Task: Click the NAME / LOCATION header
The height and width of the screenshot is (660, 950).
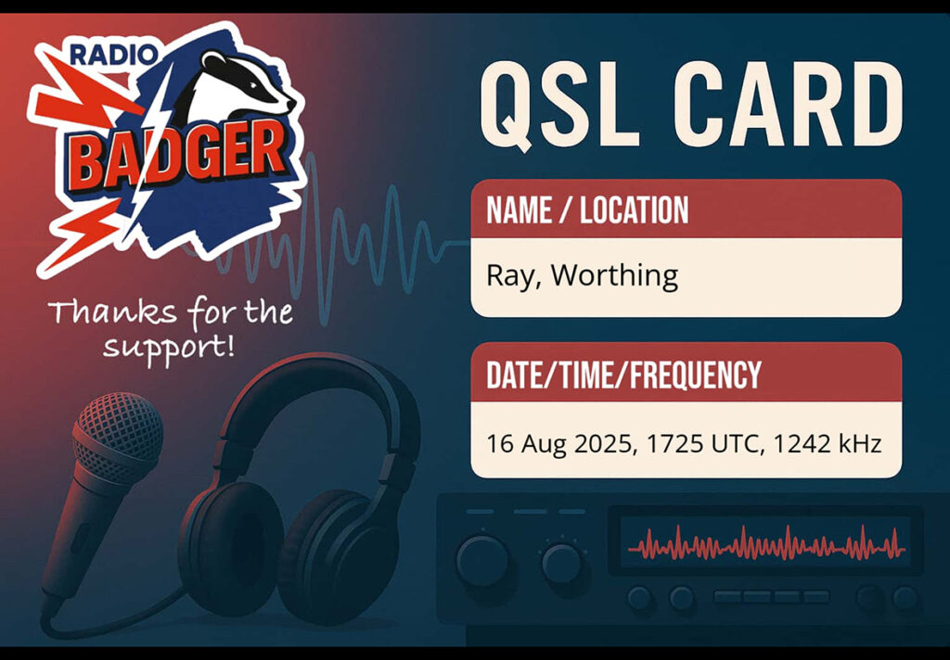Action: click(587, 210)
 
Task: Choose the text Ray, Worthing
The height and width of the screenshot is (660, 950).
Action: click(582, 276)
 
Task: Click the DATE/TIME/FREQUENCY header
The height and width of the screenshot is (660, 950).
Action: click(623, 374)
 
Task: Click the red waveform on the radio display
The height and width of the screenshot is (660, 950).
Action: click(765, 544)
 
